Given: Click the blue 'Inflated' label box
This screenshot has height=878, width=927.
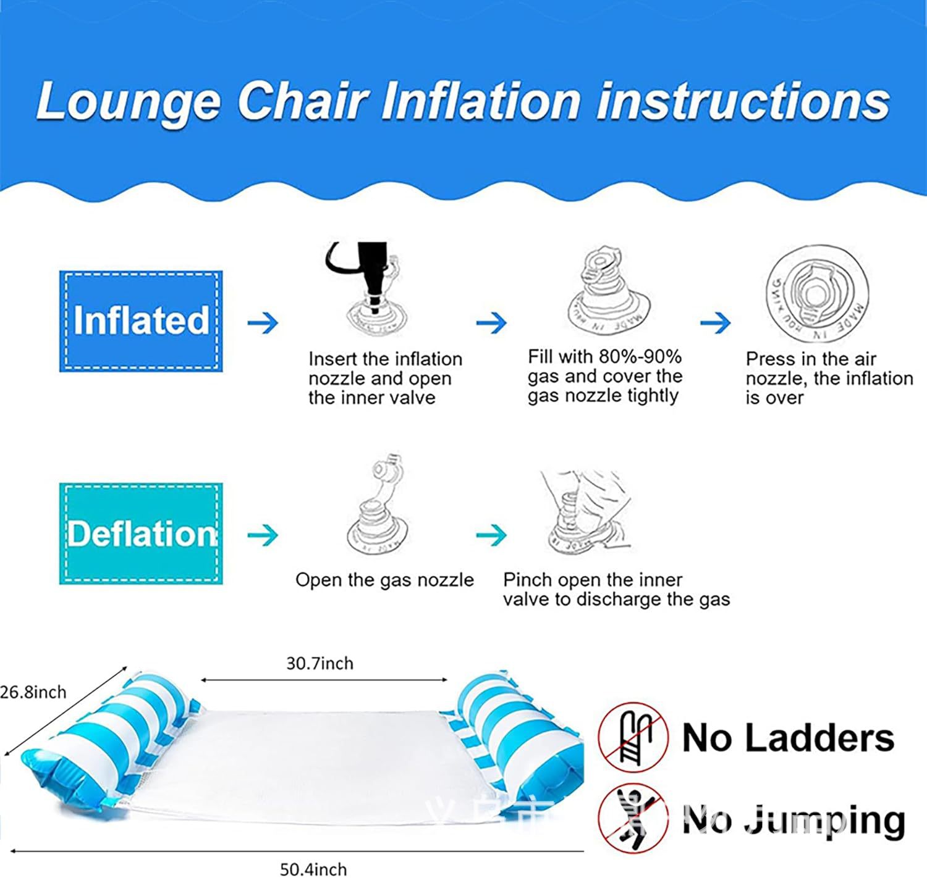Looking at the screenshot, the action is (x=141, y=321).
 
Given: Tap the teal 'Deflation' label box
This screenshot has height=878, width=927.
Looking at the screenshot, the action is (x=141, y=534).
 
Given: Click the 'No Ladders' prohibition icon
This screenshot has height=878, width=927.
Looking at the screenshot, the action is (x=633, y=738).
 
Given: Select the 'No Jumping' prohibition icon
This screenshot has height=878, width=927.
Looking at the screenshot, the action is (x=633, y=819).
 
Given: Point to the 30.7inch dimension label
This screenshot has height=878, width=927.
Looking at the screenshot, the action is (x=320, y=664).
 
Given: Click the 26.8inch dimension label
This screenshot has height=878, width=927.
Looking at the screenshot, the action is (x=33, y=692).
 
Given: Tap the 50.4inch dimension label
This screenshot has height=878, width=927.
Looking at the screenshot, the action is (x=313, y=869).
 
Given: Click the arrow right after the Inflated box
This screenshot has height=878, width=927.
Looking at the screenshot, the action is (x=263, y=322).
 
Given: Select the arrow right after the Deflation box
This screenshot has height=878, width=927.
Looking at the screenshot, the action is (x=263, y=535).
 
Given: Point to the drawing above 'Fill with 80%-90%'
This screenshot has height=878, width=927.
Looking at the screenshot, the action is (x=608, y=290).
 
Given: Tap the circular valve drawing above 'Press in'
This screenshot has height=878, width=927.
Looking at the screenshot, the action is (x=817, y=293).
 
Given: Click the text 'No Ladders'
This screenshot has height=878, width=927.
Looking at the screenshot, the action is (x=788, y=738).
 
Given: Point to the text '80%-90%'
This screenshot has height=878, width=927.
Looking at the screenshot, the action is (x=640, y=357).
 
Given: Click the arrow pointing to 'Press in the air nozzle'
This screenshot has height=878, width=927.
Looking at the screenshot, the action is (x=715, y=322).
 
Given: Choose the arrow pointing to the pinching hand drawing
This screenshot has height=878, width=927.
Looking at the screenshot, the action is (x=491, y=535).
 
